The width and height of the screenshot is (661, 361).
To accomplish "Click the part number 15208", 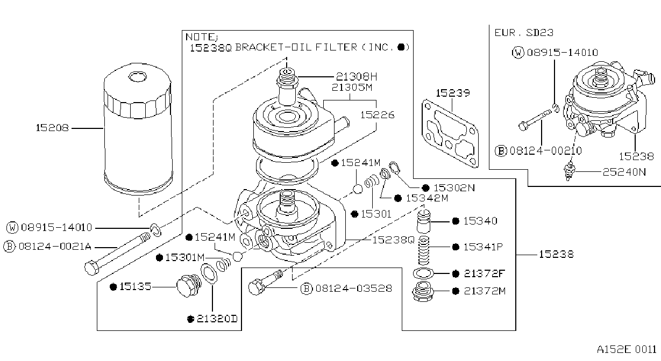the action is coord(52,128).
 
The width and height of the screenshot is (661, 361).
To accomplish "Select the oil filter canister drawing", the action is coord(138,129).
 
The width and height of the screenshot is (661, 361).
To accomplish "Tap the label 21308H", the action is coord(357,77).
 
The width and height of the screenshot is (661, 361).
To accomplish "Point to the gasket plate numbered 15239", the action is coord(450,134).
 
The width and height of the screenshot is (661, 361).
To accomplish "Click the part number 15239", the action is coord(453,93).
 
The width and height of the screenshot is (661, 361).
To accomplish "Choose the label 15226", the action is coord(378,114).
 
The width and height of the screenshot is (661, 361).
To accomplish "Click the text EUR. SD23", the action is coord(524,32).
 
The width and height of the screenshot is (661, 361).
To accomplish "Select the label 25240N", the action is coord(624,172).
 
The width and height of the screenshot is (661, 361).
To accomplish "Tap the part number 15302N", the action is coord(454,187).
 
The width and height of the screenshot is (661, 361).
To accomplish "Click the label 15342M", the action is coord(427,198).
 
